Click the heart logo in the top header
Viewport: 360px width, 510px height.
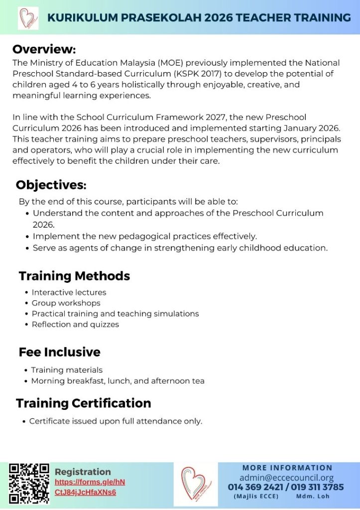[x=28, y=18]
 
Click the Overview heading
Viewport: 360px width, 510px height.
[x=44, y=49]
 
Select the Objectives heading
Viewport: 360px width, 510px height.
[x=51, y=185]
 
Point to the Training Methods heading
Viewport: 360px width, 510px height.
[x=74, y=276]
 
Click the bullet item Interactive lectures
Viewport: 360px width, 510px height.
[x=69, y=292]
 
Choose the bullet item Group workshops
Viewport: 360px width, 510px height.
[x=66, y=303]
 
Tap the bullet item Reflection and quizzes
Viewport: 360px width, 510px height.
[x=75, y=324]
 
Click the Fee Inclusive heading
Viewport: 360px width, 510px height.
[x=59, y=352]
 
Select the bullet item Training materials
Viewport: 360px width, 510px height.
[x=67, y=370]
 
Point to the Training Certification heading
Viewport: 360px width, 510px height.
[x=83, y=403]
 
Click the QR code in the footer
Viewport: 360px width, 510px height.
[x=29, y=483]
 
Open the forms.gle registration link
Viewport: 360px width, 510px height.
[x=90, y=487]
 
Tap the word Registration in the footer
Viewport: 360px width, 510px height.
[x=83, y=472]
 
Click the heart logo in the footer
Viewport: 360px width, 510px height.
[x=195, y=483]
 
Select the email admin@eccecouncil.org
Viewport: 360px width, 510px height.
[x=286, y=478]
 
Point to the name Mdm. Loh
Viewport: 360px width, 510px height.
[x=313, y=497]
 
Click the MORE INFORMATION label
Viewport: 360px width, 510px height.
[x=287, y=468]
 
